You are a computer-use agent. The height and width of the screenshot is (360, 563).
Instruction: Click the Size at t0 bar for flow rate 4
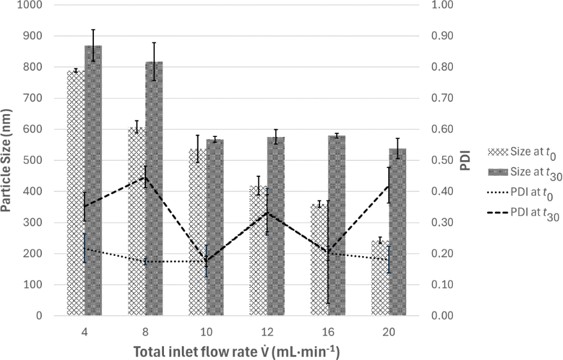[x=76, y=193]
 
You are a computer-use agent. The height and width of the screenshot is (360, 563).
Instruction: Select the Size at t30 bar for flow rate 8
[x=154, y=188]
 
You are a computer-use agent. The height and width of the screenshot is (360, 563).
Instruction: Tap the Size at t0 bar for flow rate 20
[x=381, y=278]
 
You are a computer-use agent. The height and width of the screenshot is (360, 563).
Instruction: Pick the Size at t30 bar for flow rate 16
[x=337, y=225]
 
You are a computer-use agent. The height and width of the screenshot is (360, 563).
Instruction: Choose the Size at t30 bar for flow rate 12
[x=276, y=226]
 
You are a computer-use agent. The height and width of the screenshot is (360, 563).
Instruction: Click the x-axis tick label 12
[x=267, y=332]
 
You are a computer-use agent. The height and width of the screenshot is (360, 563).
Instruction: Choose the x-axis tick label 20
[x=389, y=332]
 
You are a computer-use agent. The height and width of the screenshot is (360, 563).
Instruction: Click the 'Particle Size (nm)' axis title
[x=7, y=160]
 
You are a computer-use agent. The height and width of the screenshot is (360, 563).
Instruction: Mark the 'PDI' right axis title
[x=465, y=160]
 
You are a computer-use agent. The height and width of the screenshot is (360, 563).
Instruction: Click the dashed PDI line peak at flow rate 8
[x=145, y=177]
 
